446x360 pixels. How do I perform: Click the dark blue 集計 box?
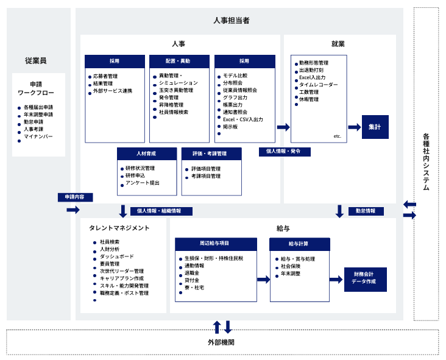tap(375, 127)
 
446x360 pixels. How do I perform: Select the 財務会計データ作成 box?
tap(365, 279)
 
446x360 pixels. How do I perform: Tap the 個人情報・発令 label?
tap(285, 152)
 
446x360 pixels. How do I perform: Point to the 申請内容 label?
tap(75, 197)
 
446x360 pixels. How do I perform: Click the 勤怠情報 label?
tap(366, 211)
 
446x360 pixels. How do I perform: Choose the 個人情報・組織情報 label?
tap(161, 211)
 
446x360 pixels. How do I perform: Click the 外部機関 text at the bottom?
tap(221, 342)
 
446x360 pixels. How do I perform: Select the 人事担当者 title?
tap(232, 21)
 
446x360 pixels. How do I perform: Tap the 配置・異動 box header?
tap(179, 62)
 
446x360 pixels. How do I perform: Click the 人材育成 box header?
tap(147, 154)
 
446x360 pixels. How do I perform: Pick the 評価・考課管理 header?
tap(211, 154)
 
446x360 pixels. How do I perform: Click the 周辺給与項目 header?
tap(216, 244)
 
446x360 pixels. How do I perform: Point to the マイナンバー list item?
tap(38, 136)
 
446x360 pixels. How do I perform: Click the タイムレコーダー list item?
tap(318, 85)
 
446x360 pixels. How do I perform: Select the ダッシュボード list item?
tap(116, 256)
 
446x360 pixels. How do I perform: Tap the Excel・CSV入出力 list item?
tap(243, 119)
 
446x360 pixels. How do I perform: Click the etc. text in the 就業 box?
tap(338, 136)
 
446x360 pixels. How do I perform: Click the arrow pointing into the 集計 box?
tap(355, 127)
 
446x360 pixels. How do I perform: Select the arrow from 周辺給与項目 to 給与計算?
tap(263, 279)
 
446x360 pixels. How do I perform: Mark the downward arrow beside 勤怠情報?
tap(339, 211)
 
